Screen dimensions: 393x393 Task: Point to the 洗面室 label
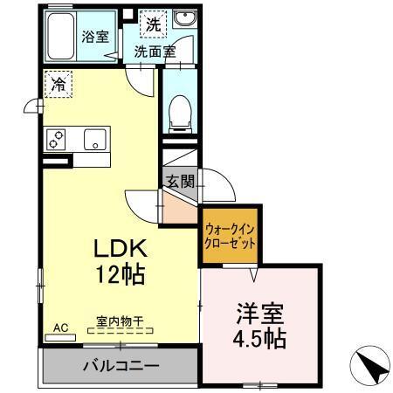click(x=155, y=52)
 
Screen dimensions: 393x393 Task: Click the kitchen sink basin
click(x=94, y=139)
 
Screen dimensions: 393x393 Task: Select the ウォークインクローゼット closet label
click(x=231, y=237)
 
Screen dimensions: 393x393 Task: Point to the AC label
click(x=60, y=327)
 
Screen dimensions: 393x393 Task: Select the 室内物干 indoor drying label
click(x=121, y=322)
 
